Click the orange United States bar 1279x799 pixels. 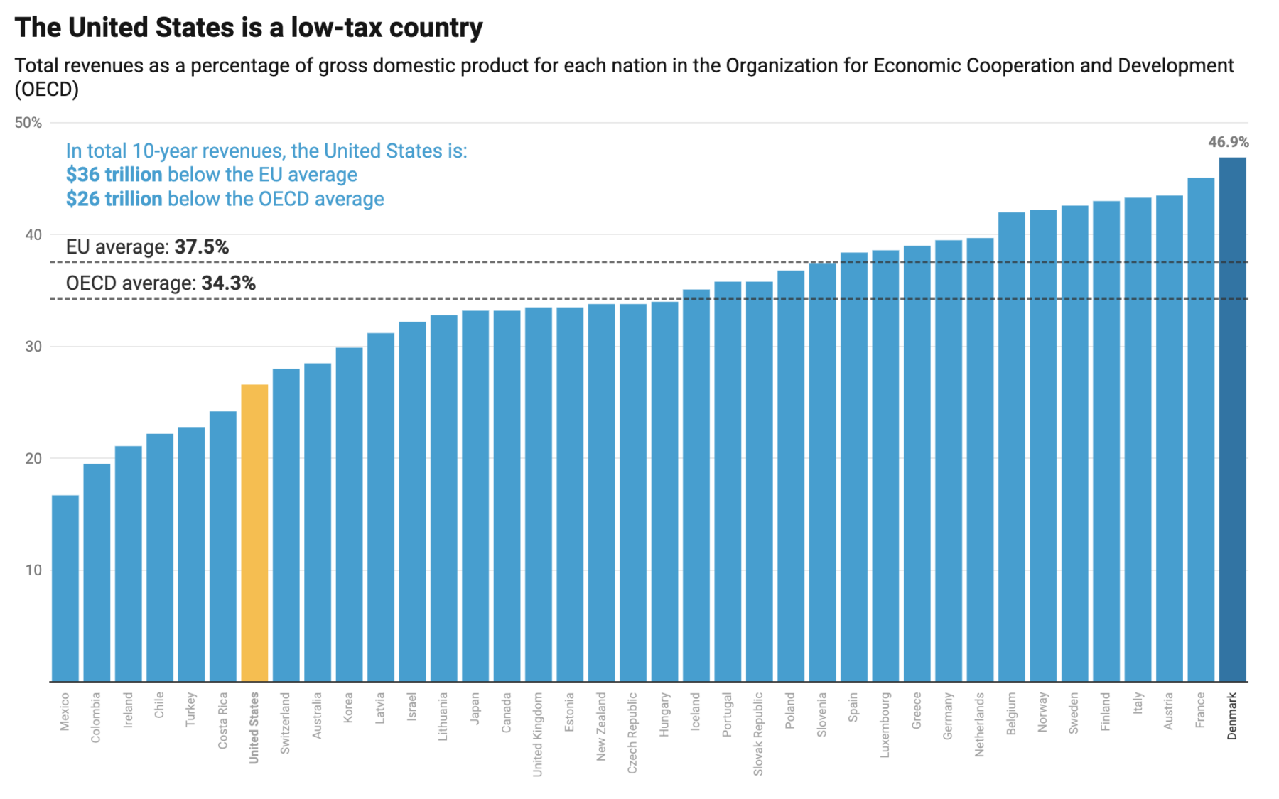(x=254, y=533)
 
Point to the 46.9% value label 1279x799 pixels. (x=1228, y=142)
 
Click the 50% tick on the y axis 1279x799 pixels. (x=28, y=123)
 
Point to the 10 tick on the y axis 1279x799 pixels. (x=33, y=570)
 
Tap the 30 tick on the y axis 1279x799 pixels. (x=33, y=347)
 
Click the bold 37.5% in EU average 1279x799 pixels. (x=202, y=247)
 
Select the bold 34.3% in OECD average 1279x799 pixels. (x=228, y=283)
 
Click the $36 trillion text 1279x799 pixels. (x=114, y=175)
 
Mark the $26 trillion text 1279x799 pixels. (x=114, y=199)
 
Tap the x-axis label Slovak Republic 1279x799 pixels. (x=758, y=734)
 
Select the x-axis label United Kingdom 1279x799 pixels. (x=538, y=734)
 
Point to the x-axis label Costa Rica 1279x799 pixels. (x=223, y=720)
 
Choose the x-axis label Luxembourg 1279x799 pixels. (x=885, y=724)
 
